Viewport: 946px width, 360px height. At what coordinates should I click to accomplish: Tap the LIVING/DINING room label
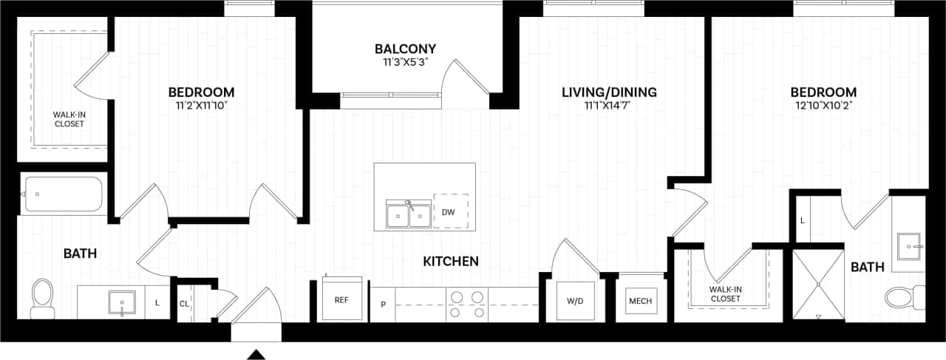[x=609, y=92]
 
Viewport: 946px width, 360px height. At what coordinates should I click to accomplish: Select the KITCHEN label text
[x=451, y=261]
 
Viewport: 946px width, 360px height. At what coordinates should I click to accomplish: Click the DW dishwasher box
[x=449, y=212]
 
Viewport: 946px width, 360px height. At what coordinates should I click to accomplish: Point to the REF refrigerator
[x=341, y=299]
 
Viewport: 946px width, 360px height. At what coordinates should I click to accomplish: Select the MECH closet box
[x=639, y=301]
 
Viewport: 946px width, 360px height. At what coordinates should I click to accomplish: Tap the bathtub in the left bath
[x=62, y=194]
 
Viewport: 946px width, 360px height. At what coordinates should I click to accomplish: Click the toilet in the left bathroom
[x=43, y=297]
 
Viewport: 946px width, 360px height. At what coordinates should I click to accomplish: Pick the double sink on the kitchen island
[x=409, y=216]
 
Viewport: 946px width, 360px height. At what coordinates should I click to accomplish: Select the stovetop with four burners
[x=467, y=304]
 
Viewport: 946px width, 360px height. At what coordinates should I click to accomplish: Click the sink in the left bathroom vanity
[x=122, y=303]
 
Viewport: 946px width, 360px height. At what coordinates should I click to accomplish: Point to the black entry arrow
[x=256, y=355]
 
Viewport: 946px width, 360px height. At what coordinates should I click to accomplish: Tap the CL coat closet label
[x=184, y=303]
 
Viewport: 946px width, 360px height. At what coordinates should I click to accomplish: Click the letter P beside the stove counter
[x=383, y=304]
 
